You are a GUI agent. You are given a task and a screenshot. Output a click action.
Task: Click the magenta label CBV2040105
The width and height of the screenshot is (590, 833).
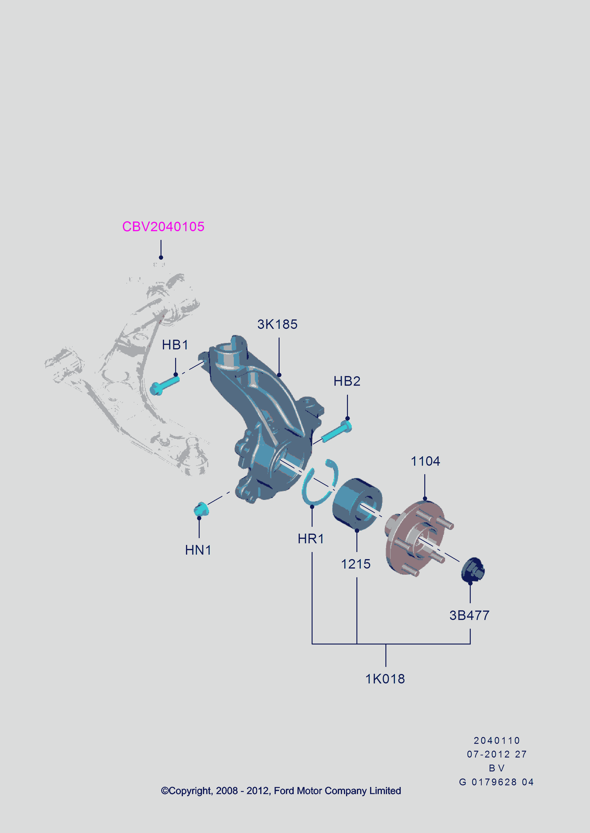[163, 226]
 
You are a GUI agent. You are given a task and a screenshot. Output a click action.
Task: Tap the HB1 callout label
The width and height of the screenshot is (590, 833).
[175, 345]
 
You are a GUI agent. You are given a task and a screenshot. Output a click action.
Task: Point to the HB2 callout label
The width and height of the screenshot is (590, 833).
[347, 381]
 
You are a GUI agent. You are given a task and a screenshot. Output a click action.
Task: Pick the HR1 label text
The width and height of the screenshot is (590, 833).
[311, 539]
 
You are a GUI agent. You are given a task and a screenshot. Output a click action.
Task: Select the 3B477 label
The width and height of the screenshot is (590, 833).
[469, 615]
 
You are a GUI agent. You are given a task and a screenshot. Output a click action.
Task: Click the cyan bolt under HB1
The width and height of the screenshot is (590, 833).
[165, 385]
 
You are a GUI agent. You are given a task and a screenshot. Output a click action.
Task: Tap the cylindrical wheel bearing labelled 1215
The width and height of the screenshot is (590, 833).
[357, 504]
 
